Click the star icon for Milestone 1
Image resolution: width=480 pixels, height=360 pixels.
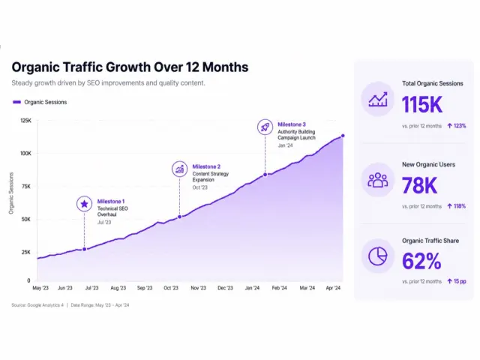tap(85, 204)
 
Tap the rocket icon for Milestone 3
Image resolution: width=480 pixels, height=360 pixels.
tap(265, 127)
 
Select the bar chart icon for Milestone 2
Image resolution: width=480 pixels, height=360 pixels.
tap(180, 169)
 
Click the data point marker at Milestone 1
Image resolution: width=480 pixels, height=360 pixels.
tap(85, 249)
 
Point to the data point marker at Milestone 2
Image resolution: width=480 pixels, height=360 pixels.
tap(180, 217)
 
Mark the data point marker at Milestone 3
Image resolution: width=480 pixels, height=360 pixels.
tap(265, 175)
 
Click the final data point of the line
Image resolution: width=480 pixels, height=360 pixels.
tap(343, 136)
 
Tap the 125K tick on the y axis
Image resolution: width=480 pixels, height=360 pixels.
tap(26, 121)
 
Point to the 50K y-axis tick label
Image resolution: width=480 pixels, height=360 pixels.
tap(26, 219)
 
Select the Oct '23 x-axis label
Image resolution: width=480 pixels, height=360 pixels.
tap(171, 288)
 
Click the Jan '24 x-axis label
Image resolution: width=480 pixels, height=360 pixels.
tap(252, 288)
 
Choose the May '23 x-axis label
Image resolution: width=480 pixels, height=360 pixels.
tap(40, 288)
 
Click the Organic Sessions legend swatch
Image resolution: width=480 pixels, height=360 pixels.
tap(16, 102)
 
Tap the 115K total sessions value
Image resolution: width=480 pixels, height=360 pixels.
tap(422, 105)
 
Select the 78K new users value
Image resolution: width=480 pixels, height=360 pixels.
tap(420, 185)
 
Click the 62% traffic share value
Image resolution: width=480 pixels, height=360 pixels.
tap(421, 261)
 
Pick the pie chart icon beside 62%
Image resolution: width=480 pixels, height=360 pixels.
tap(378, 256)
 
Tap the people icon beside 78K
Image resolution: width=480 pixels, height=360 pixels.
tap(378, 180)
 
